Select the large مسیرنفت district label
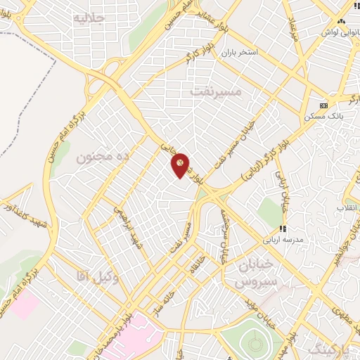[216, 91]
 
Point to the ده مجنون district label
[103, 157]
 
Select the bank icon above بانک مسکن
[323, 105]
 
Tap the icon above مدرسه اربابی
[283, 229]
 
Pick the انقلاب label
[347, 207]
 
